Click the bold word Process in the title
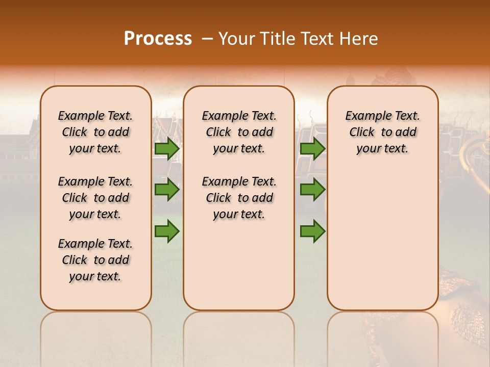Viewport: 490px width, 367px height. coord(158,38)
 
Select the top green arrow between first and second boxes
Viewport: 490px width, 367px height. coord(167,149)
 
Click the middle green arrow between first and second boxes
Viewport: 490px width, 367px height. coord(167,190)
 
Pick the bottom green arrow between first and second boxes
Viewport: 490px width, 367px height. coord(167,232)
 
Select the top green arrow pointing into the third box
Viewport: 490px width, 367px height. coord(312,149)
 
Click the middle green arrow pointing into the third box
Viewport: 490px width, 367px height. coord(312,190)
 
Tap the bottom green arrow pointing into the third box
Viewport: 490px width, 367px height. coord(312,232)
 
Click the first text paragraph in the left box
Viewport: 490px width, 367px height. coord(95,132)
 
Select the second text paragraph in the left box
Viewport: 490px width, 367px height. coord(95,198)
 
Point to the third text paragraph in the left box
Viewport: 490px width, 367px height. coord(95,260)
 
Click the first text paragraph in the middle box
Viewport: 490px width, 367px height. coord(239,132)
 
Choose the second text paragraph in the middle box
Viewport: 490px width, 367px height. coord(239,198)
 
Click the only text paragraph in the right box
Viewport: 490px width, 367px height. coord(382,132)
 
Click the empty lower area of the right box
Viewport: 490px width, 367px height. coord(382,240)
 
